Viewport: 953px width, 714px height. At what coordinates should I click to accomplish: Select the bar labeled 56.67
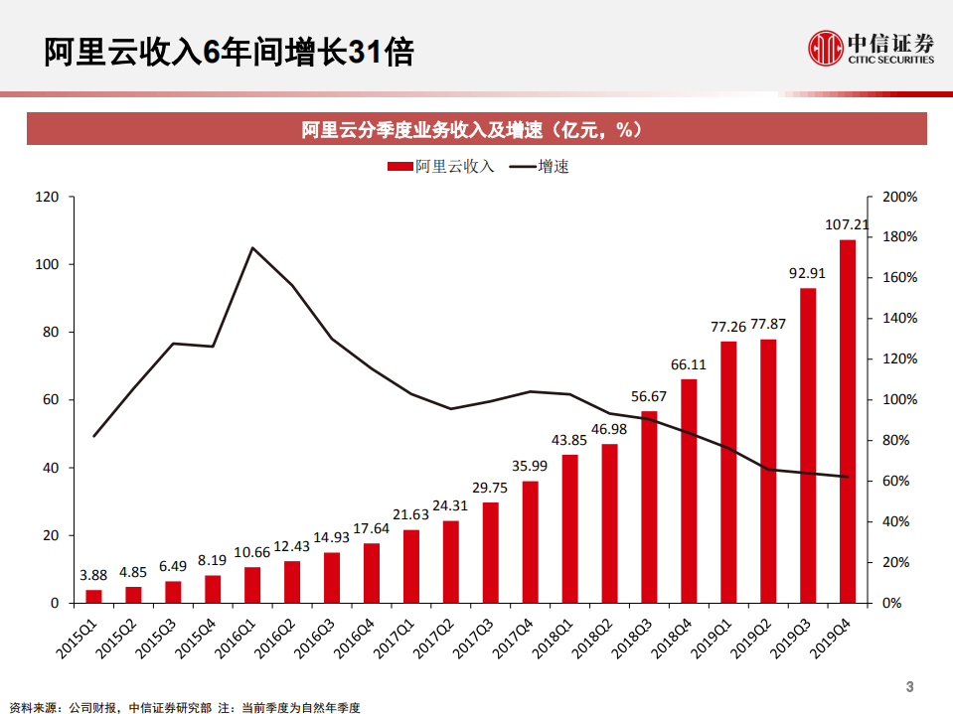tap(649, 506)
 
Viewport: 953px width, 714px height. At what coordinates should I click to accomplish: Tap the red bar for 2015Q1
tap(93, 596)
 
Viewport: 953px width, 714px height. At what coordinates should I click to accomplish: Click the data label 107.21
tap(847, 225)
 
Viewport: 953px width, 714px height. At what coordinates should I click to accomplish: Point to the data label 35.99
tap(530, 467)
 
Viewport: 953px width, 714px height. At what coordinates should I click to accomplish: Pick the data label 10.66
tap(252, 552)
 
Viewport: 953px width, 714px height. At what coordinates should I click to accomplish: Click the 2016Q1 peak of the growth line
tap(252, 248)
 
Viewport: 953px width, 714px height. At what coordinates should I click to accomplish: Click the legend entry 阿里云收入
tap(441, 166)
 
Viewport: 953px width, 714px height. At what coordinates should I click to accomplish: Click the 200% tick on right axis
tap(898, 197)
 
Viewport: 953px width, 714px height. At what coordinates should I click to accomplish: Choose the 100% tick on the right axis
tap(898, 399)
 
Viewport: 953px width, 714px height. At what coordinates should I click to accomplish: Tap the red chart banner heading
tap(476, 129)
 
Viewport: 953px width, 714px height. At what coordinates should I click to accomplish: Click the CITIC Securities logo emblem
tap(824, 47)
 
